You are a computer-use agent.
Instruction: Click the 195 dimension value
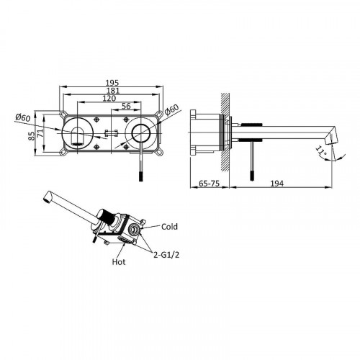[112, 83]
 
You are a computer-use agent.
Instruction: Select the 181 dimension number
[113, 91]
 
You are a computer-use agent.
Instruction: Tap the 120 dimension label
[109, 99]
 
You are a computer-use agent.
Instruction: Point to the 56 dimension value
[126, 106]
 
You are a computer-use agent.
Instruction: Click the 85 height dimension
[31, 135]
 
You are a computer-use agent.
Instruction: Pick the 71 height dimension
[40, 132]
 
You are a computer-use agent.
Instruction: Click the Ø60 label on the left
[23, 117]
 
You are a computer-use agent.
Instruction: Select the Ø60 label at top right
[172, 109]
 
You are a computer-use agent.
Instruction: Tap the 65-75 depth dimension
[210, 184]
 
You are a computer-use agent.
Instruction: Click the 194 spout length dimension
[277, 184]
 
